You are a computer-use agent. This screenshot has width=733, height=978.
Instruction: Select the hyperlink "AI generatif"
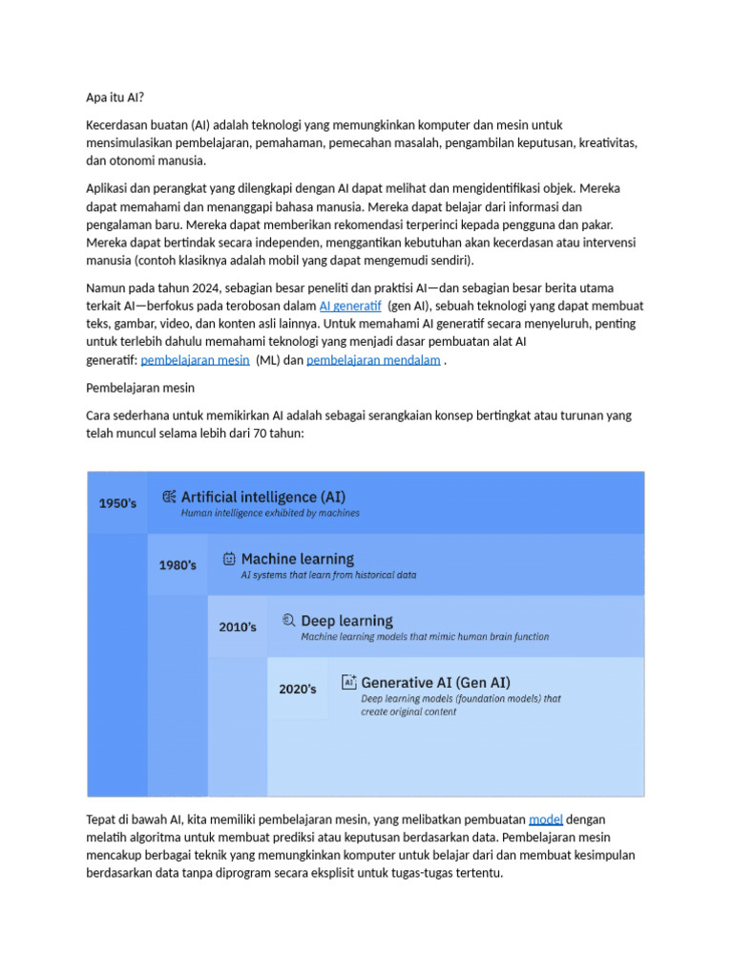(x=349, y=306)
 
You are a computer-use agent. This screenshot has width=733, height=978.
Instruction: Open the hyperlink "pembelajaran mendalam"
(x=373, y=360)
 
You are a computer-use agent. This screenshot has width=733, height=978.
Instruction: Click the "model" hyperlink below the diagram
(x=545, y=819)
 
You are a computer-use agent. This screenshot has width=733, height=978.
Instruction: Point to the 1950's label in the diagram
(x=118, y=502)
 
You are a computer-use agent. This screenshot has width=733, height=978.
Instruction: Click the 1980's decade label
(x=178, y=564)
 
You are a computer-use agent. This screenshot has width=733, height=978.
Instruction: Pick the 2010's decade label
(x=238, y=627)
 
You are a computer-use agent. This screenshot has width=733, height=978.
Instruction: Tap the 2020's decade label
(x=298, y=689)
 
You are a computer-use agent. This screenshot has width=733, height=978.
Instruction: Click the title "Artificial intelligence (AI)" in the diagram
(x=263, y=497)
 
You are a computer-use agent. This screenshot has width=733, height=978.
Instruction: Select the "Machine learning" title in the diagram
(x=297, y=559)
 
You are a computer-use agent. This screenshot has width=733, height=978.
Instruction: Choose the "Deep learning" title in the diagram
(x=346, y=621)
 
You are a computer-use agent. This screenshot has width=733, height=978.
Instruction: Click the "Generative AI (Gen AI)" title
(x=435, y=683)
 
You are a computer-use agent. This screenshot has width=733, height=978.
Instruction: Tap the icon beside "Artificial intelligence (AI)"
(x=169, y=497)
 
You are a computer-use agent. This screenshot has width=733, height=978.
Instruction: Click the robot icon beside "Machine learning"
(x=229, y=559)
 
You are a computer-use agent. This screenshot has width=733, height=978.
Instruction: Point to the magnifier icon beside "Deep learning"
(x=288, y=620)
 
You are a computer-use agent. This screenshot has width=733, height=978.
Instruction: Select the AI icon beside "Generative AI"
(x=348, y=682)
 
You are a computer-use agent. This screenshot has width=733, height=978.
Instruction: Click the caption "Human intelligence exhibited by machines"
(x=270, y=514)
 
